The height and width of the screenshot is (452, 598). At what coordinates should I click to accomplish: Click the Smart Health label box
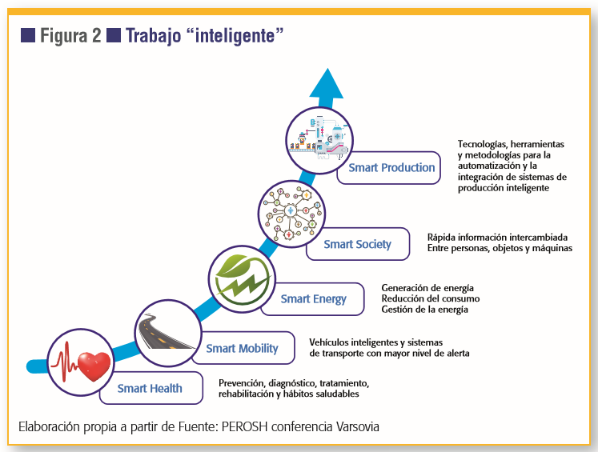coord(151,388)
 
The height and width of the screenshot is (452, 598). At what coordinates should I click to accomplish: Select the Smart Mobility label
coord(243,348)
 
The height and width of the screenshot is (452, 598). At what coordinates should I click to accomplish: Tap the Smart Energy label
coord(313,298)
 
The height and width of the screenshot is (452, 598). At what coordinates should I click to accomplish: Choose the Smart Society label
coord(357,244)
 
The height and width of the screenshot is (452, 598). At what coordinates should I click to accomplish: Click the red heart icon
coord(94,366)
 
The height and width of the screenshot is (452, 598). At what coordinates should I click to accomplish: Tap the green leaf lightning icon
coord(241,278)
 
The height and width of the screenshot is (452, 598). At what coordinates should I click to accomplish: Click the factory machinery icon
coord(319,139)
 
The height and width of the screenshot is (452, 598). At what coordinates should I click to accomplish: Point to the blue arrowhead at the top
coord(327,83)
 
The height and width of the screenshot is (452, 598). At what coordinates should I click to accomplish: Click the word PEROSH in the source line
coord(244,426)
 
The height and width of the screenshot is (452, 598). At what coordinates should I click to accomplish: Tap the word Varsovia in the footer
coord(357,426)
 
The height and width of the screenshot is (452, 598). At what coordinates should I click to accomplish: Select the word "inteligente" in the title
coord(235,35)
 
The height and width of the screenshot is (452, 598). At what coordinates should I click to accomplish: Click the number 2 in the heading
coord(96,35)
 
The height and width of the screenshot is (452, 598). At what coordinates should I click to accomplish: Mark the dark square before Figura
coord(28,35)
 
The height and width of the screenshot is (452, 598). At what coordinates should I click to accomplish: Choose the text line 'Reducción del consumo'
coord(430,298)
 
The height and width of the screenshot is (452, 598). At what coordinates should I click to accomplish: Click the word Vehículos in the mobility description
coord(329,342)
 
